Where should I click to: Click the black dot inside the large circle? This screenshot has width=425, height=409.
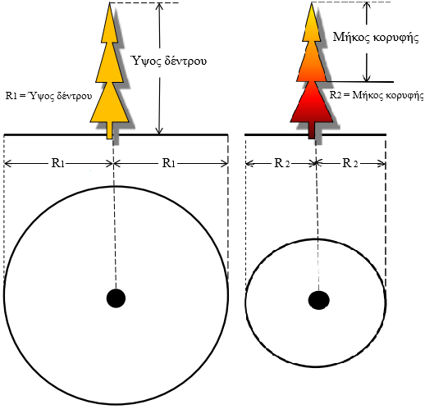coord(116,298)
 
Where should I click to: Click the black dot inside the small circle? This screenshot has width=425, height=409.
coord(318,300)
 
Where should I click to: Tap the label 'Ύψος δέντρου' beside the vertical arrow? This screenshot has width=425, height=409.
coord(169,61)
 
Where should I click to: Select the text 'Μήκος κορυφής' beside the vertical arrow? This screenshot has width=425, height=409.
coord(376,37)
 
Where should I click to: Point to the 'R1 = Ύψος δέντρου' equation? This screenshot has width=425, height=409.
coord(48,96)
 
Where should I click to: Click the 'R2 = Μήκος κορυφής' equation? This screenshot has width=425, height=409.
coord(377,95)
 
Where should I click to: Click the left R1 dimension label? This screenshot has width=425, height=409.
coord(57,163)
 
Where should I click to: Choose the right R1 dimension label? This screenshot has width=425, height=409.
coord(168,163)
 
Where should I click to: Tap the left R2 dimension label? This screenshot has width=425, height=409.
coord(281,163)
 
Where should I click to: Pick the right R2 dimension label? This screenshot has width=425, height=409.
coord(350,163)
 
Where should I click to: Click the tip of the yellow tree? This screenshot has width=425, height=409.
coord(110,2)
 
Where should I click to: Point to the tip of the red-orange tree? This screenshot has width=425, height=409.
coord(312,2)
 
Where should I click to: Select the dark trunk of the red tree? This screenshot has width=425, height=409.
coord(312,130)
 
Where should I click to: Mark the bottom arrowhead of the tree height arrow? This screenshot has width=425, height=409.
coord(159,130)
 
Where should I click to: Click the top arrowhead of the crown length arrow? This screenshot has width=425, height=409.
coord(367,6)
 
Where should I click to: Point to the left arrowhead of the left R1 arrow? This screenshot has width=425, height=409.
coord(7,164)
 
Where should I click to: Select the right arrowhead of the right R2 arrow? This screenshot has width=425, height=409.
coord(382,164)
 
